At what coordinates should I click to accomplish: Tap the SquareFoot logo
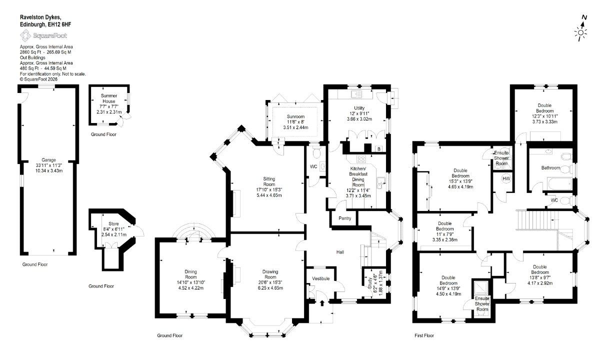43,35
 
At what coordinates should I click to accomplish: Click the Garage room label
48,160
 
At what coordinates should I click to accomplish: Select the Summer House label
109,98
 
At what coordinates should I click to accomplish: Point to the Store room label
113,223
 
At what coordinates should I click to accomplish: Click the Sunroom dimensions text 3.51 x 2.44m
295,127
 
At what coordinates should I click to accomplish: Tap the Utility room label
359,108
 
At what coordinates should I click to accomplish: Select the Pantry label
345,218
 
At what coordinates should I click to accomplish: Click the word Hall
340,252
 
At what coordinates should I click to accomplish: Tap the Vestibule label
321,278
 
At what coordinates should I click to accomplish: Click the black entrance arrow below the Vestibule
322,303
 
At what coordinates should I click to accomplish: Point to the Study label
369,283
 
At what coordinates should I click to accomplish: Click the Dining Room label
190,274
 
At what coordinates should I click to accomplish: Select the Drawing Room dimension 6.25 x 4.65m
270,288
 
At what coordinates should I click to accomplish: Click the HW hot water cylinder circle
506,178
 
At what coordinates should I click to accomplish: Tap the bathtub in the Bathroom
559,183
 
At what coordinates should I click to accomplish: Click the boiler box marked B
379,149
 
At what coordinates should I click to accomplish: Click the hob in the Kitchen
361,159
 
